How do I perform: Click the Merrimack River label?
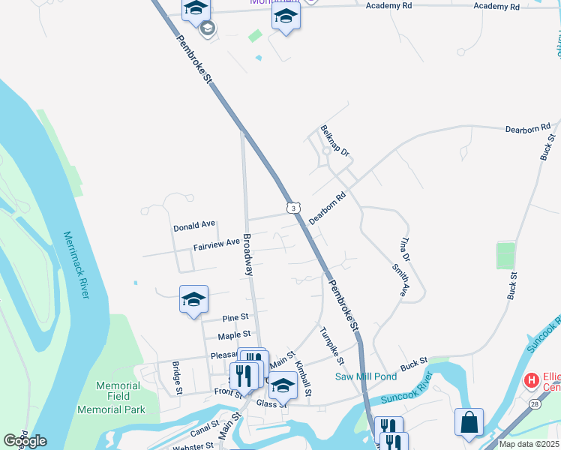(x=76, y=265)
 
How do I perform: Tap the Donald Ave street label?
(x=194, y=225)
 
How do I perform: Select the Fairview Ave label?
(x=216, y=244)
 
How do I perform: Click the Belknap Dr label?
(x=334, y=141)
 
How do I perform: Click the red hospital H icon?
(x=532, y=381)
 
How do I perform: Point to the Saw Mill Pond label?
(x=366, y=376)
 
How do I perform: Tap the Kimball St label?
(x=303, y=378)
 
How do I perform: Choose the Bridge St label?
(x=178, y=378)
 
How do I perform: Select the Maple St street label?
(x=233, y=334)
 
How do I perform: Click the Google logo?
(x=25, y=441)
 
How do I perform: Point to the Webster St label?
(x=194, y=445)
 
